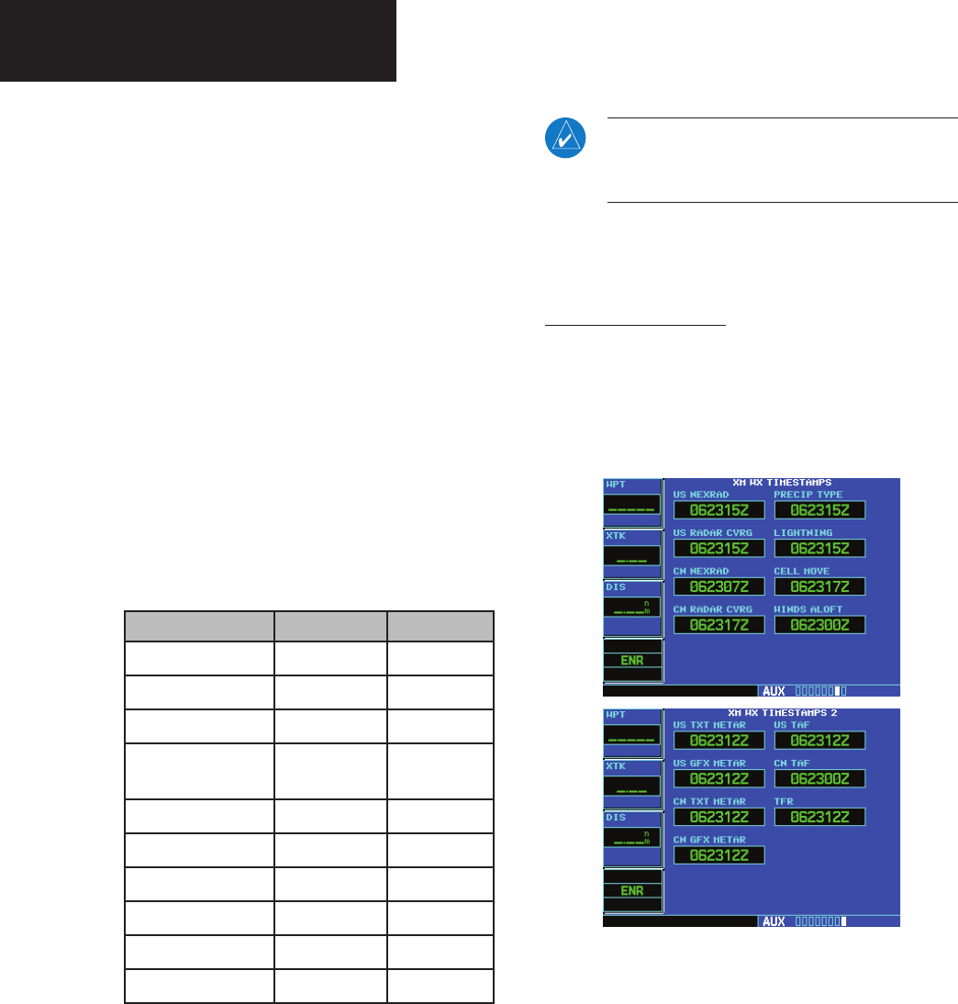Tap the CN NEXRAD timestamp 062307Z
click(x=718, y=586)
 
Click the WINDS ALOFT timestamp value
click(x=819, y=625)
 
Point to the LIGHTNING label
click(x=803, y=532)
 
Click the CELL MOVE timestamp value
click(x=819, y=586)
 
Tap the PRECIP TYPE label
click(x=808, y=495)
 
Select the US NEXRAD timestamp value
click(x=718, y=510)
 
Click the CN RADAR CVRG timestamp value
click(x=718, y=625)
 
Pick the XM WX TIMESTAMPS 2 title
click(x=782, y=712)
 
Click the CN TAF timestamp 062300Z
click(x=819, y=778)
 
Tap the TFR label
click(x=783, y=801)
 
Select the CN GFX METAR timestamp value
click(x=718, y=855)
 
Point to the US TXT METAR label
click(x=709, y=725)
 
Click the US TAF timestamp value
click(x=819, y=741)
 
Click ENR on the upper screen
click(x=631, y=659)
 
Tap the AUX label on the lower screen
click(x=774, y=921)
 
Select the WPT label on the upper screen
click(x=615, y=485)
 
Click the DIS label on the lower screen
click(x=615, y=818)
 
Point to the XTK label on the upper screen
click(x=615, y=535)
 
